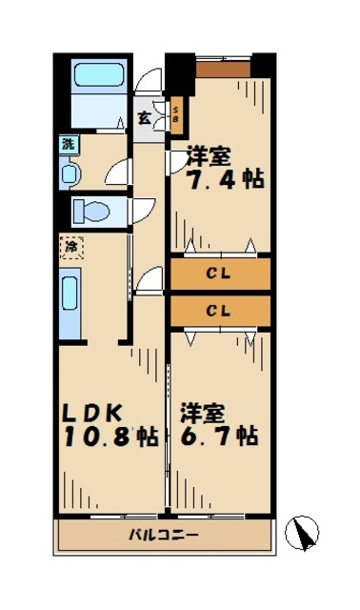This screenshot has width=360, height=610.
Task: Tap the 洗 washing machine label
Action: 68,145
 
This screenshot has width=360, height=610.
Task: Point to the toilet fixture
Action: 94,210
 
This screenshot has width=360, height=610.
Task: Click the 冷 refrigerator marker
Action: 70,248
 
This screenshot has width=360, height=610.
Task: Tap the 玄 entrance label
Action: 144,119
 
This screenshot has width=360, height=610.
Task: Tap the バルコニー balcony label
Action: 164,535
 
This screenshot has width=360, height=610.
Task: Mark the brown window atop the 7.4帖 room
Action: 226,68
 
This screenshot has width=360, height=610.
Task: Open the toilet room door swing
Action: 143,210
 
